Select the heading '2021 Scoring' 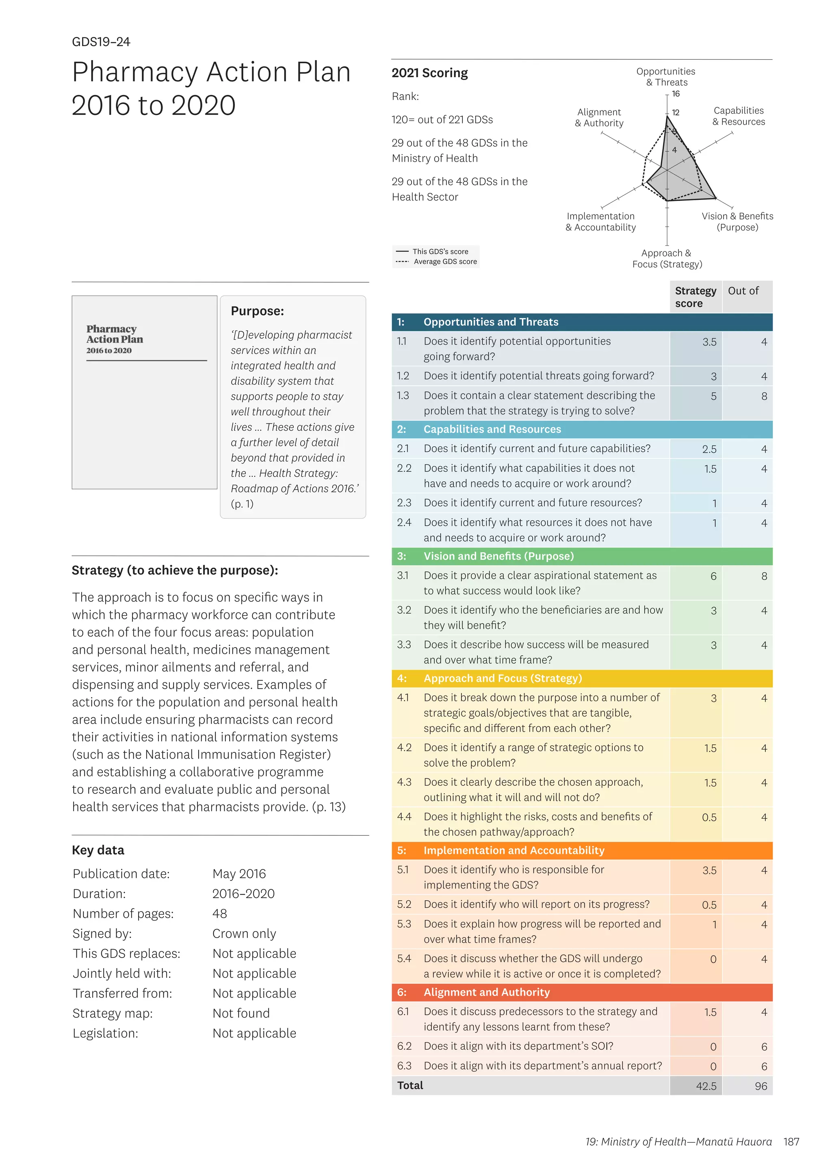[429, 73]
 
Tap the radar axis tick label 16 [676, 94]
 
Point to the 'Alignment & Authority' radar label [599, 117]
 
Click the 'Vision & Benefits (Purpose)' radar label [737, 222]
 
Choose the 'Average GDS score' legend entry [445, 262]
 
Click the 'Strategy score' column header [695, 297]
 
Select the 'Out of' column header [743, 291]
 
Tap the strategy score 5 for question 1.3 [713, 396]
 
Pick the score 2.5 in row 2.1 [709, 449]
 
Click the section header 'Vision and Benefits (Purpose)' [498, 556]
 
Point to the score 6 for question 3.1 [713, 576]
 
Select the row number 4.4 [404, 817]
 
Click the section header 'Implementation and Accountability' [513, 851]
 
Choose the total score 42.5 [706, 1086]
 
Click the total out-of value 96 [761, 1086]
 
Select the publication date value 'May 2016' [239, 874]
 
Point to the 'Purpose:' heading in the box [257, 311]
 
